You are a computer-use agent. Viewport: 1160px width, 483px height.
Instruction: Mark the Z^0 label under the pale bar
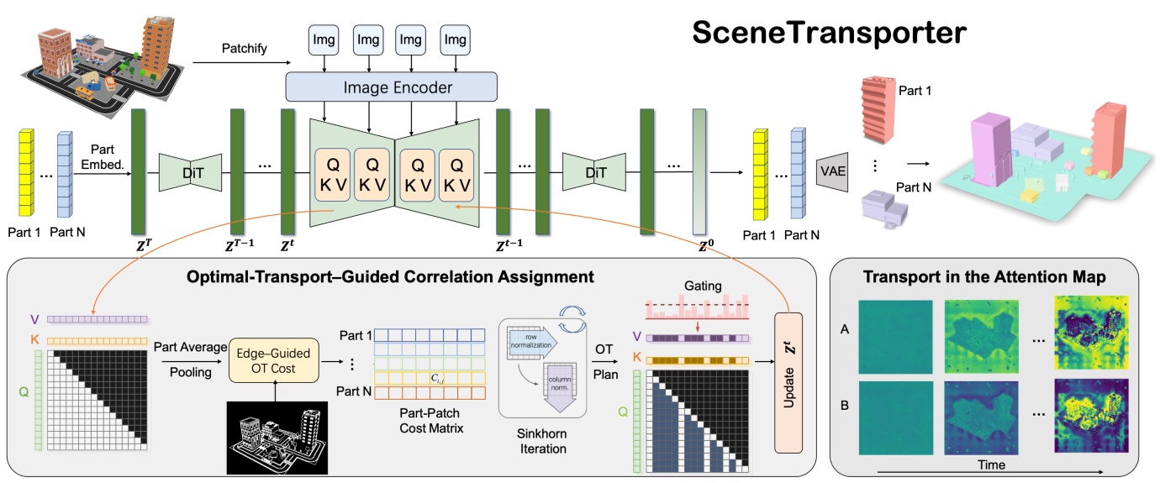point(701,248)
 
